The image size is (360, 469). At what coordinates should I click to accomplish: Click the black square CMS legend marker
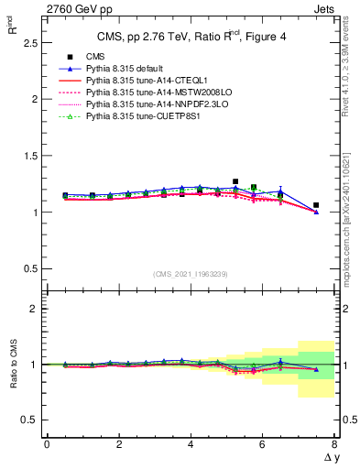tap(70, 57)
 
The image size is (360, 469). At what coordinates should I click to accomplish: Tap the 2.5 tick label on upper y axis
tap(31, 42)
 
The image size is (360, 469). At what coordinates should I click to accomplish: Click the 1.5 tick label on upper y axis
tap(31, 156)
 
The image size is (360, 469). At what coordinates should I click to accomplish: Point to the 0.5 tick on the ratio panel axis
tap(31, 420)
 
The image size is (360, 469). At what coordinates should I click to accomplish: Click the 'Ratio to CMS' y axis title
tap(13, 364)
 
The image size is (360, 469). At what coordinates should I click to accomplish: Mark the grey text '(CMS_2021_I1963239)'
tap(191, 274)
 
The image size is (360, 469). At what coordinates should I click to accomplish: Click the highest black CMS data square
tap(235, 181)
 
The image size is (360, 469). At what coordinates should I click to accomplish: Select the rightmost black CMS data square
tap(316, 205)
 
